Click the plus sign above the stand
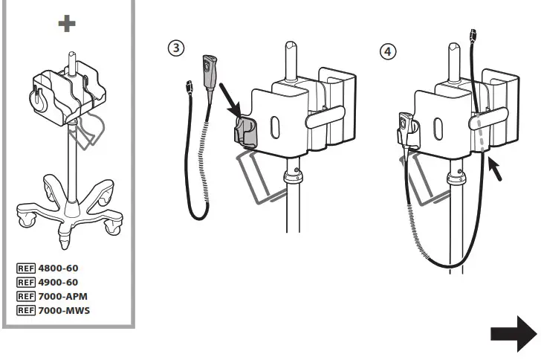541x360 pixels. click(x=67, y=24)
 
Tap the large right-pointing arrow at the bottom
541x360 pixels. click(x=513, y=333)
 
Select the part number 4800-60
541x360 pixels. click(x=59, y=269)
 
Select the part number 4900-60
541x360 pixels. click(x=59, y=282)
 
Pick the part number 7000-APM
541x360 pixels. click(x=63, y=296)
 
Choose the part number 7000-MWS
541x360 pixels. click(x=64, y=309)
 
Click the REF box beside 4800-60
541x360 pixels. click(x=25, y=269)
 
